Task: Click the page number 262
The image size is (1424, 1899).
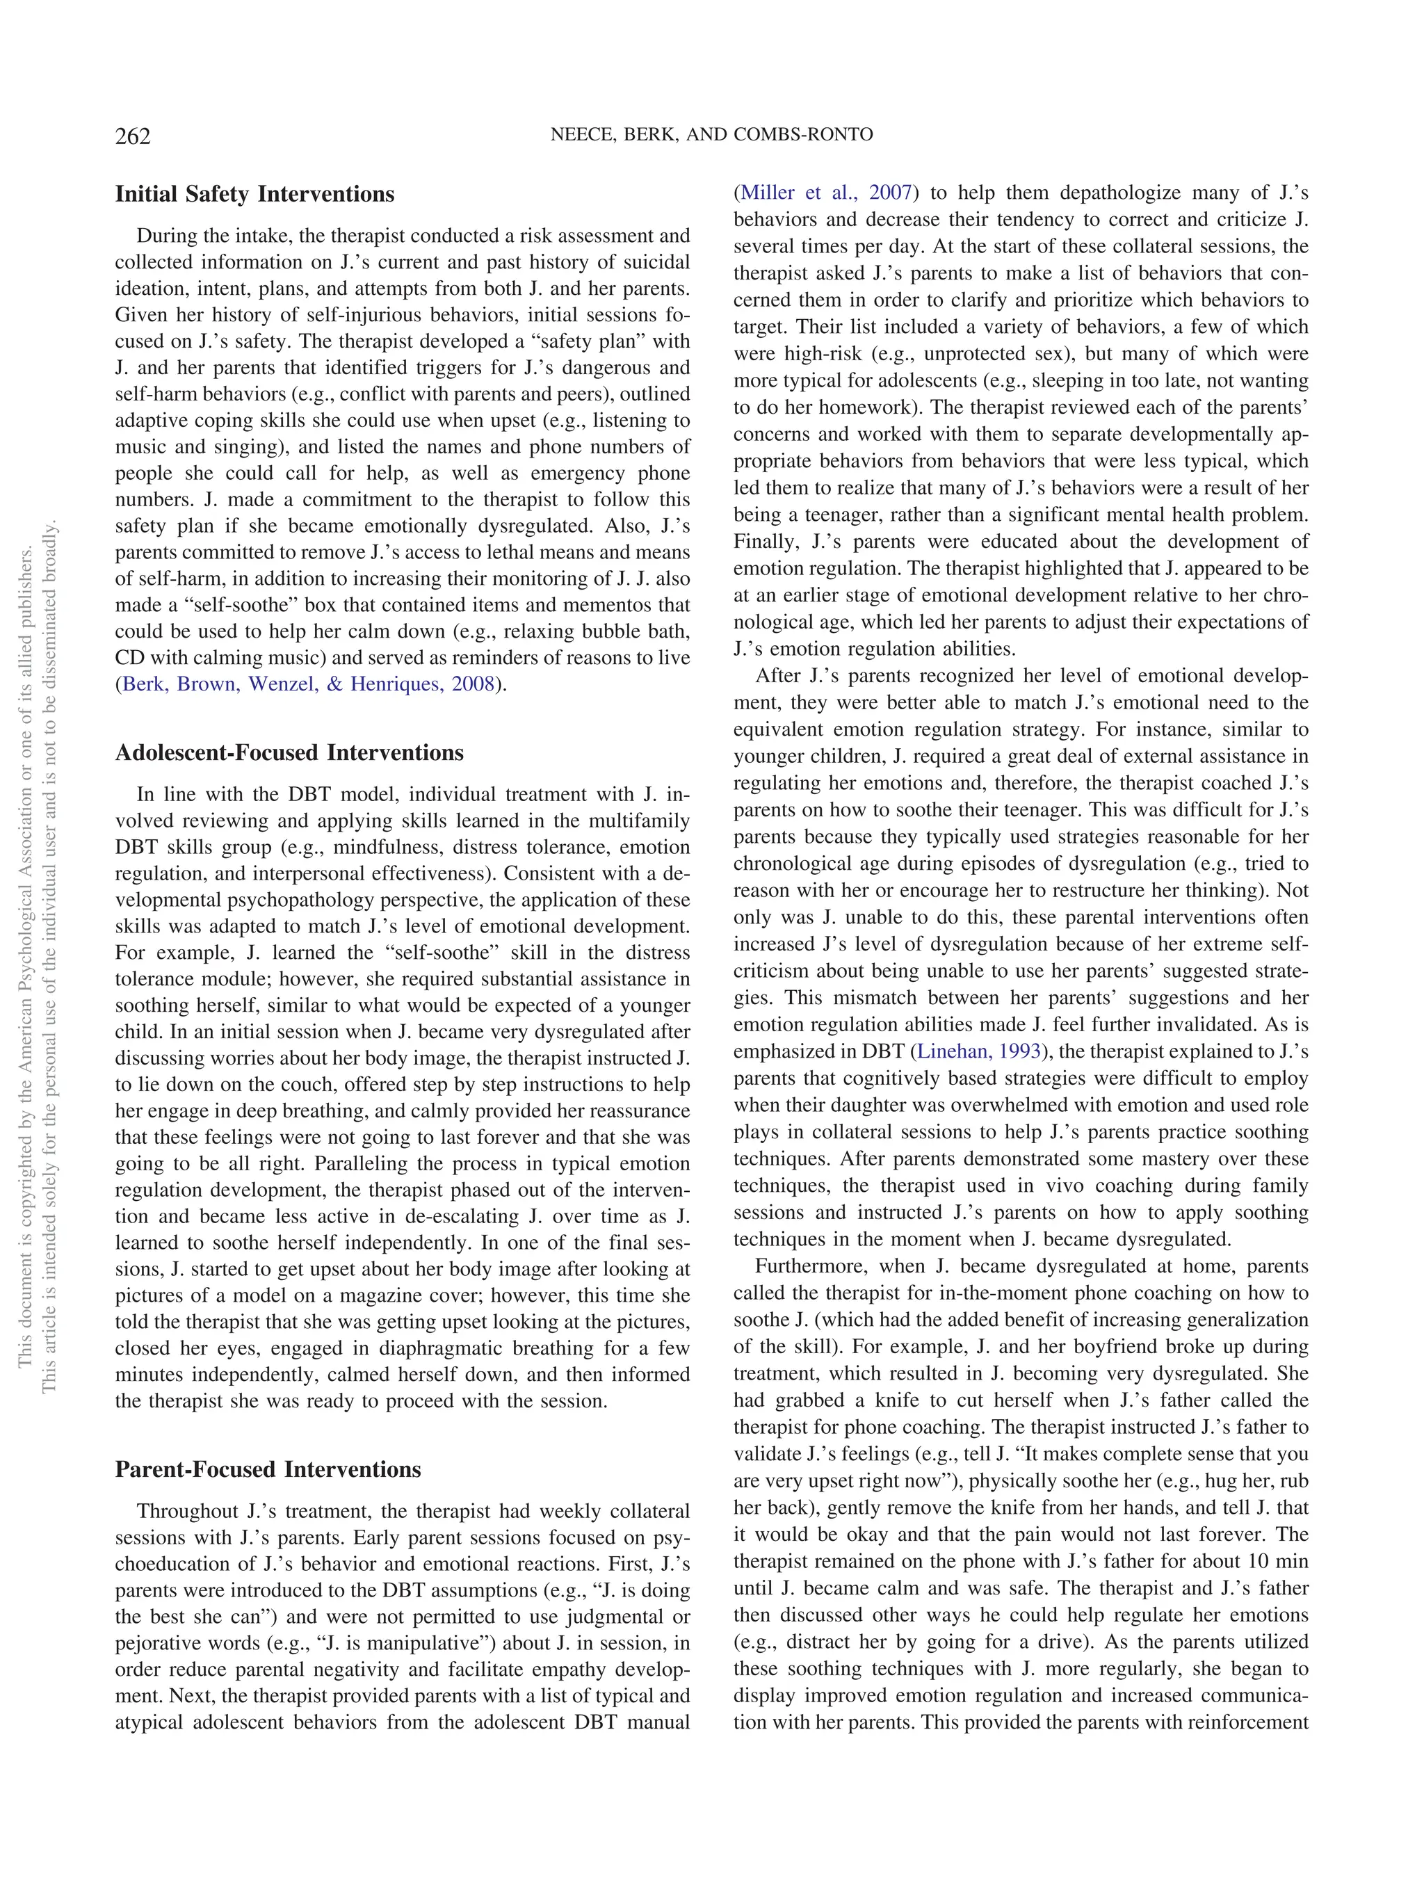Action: pyautogui.click(x=133, y=136)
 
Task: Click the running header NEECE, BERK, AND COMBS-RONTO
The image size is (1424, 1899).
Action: pyautogui.click(x=711, y=135)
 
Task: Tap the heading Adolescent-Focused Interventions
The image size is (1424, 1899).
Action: pyautogui.click(x=289, y=753)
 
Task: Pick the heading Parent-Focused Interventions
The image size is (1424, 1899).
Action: pyautogui.click(x=267, y=1470)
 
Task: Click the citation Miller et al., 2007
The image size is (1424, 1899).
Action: pyautogui.click(x=826, y=193)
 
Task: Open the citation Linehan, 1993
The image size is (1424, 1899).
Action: pyautogui.click(x=978, y=1051)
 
